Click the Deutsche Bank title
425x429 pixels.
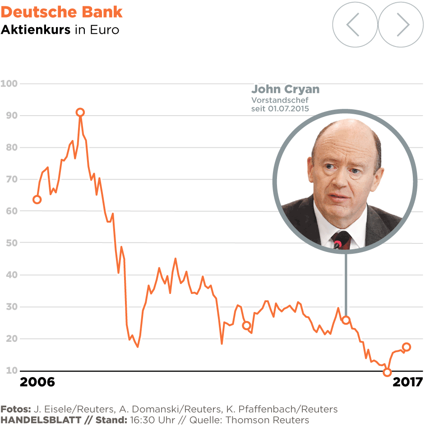click(x=62, y=12)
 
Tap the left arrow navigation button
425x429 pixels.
click(x=355, y=25)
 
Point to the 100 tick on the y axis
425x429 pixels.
click(x=9, y=84)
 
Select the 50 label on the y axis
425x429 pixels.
click(x=11, y=243)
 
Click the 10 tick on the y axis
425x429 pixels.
click(x=11, y=371)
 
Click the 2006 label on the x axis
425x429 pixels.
click(x=37, y=382)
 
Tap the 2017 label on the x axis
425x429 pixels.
click(x=407, y=382)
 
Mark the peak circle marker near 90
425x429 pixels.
click(x=80, y=112)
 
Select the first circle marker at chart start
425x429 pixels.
click(x=37, y=200)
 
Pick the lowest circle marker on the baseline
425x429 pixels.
click(x=387, y=372)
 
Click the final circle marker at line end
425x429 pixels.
click(x=406, y=347)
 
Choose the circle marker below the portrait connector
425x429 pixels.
click(x=346, y=320)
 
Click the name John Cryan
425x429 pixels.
click(x=285, y=89)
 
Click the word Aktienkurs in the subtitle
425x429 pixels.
click(x=36, y=30)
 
